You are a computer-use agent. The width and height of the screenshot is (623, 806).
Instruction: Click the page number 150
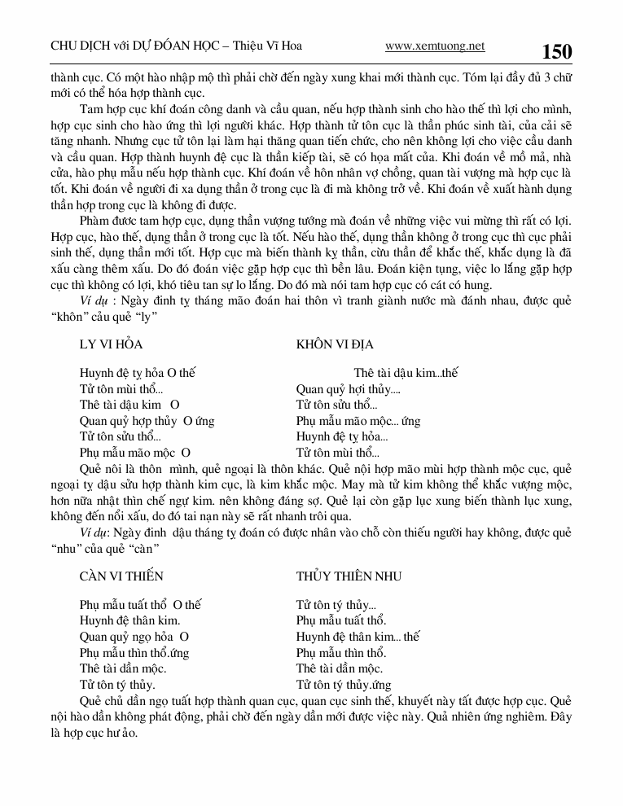[557, 52]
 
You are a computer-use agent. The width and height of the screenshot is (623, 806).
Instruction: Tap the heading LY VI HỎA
[111, 344]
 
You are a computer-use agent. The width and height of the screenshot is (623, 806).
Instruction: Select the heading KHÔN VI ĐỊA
[335, 344]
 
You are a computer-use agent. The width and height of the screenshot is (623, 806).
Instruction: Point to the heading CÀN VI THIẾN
[121, 576]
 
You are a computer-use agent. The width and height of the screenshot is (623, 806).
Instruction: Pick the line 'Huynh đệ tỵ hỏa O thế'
[138, 373]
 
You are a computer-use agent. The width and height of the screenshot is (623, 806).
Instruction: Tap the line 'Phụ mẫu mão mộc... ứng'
[358, 420]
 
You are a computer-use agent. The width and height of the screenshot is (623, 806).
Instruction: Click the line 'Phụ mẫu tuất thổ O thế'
[140, 605]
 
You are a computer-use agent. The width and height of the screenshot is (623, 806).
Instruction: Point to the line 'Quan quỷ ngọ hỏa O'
[134, 637]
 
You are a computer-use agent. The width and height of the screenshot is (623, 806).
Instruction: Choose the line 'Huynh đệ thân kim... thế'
[358, 637]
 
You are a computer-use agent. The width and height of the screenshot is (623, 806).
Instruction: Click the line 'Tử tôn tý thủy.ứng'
[344, 685]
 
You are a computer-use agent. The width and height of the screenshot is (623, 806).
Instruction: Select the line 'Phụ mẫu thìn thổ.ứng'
[134, 653]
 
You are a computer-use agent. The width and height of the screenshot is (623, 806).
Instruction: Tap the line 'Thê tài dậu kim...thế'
[406, 373]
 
